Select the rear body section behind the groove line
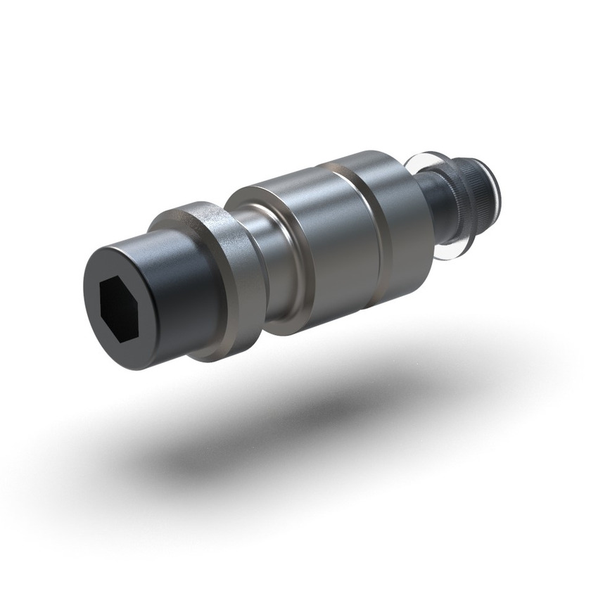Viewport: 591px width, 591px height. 405,218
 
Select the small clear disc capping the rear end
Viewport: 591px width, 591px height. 498,184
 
